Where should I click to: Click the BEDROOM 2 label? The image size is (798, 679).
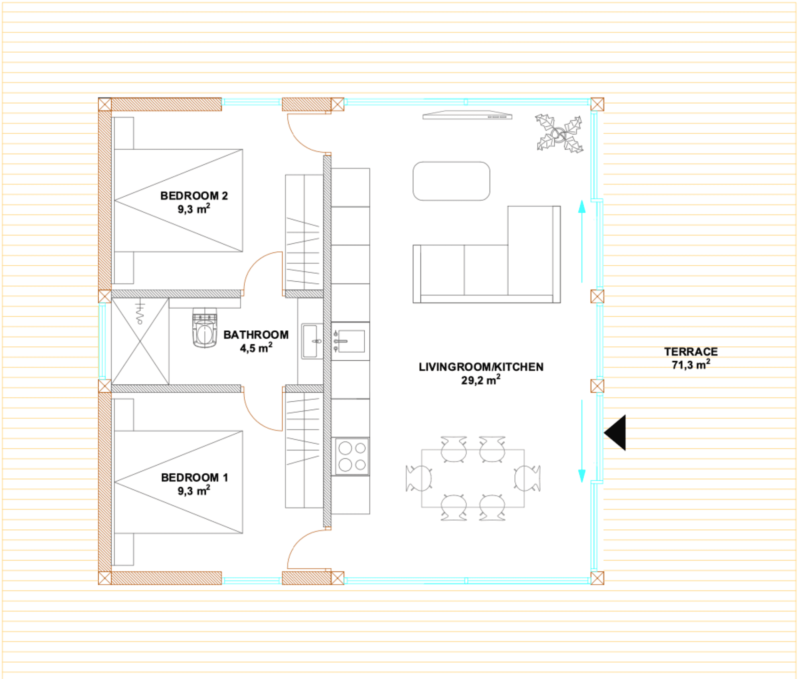coord(194,196)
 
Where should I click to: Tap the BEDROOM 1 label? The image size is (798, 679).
coord(194,478)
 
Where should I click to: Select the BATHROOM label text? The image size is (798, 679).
coord(256,335)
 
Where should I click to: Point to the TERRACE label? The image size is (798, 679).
coord(691,352)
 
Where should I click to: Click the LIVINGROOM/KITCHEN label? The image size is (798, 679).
coord(481,367)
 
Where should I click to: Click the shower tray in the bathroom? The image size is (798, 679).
coord(140,341)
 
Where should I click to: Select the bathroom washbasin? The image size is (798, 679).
coord(312,341)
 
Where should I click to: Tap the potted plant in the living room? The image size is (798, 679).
coord(559,134)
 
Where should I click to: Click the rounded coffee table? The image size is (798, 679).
coord(451,181)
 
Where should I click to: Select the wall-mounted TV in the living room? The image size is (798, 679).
coord(467,115)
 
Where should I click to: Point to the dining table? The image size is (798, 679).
coord(473,478)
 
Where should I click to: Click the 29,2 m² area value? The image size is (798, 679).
coord(481,380)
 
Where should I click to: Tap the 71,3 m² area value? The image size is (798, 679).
coord(691,365)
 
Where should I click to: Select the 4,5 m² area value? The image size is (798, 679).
coord(256,348)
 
